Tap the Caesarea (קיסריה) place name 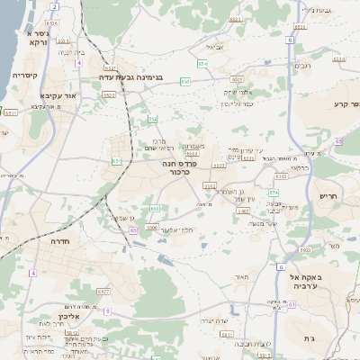(23, 75)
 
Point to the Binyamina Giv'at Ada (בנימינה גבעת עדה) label (138, 79)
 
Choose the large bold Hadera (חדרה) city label (44, 243)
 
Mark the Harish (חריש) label (328, 196)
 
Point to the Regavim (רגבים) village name (303, 65)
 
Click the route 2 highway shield (55, 5)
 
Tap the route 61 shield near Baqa (292, 307)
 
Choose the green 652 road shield (153, 119)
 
